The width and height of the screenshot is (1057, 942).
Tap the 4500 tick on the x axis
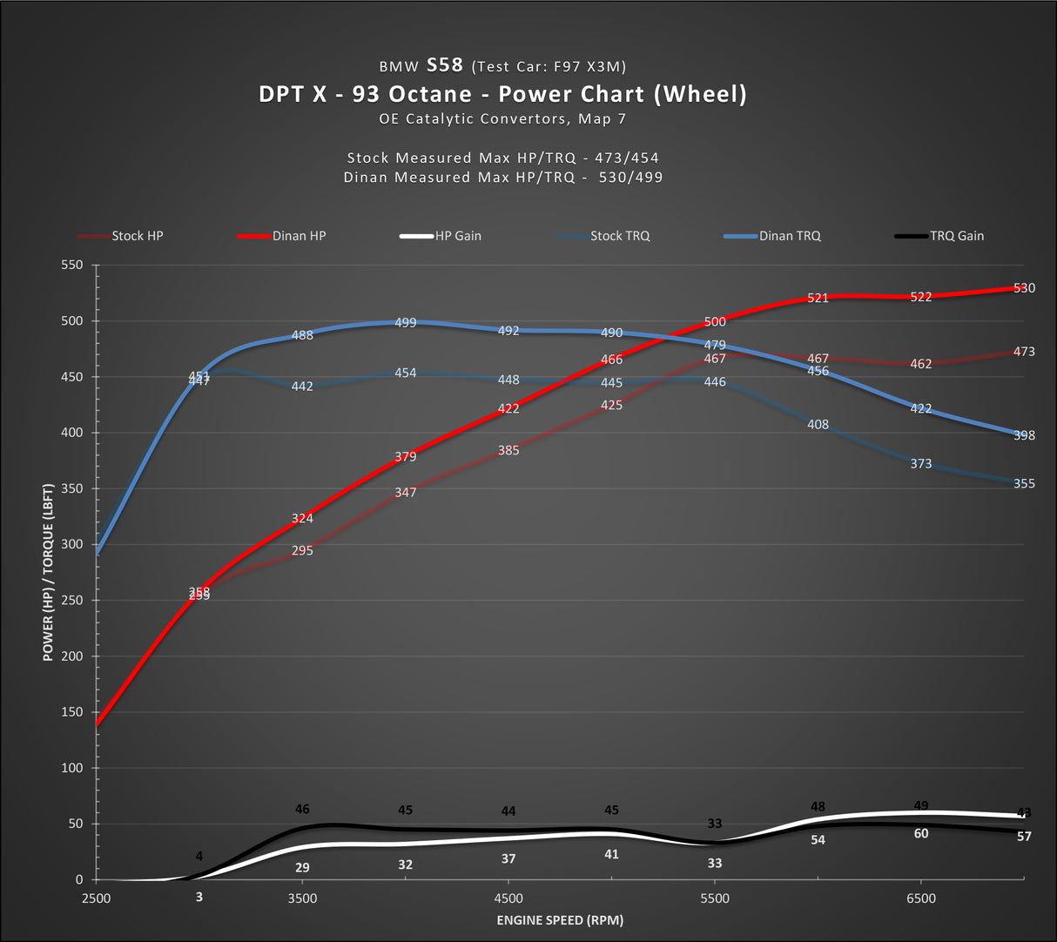[508, 898]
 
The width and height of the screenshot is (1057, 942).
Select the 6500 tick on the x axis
[921, 898]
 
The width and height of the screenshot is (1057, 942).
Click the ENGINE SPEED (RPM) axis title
[560, 920]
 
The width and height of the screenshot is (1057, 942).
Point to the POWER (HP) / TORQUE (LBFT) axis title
[49, 572]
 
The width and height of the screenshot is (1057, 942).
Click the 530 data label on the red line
[1024, 288]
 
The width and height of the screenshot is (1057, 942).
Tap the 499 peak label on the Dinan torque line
[406, 323]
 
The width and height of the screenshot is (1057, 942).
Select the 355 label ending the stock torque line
[1024, 484]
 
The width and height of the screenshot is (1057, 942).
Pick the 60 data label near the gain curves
[921, 834]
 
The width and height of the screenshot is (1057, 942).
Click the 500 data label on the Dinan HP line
[715, 322]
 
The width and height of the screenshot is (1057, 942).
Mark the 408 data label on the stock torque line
[818, 425]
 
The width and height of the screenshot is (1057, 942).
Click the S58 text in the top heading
[445, 65]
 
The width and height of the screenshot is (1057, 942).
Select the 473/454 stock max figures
[627, 158]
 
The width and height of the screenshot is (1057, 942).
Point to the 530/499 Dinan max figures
[630, 178]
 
